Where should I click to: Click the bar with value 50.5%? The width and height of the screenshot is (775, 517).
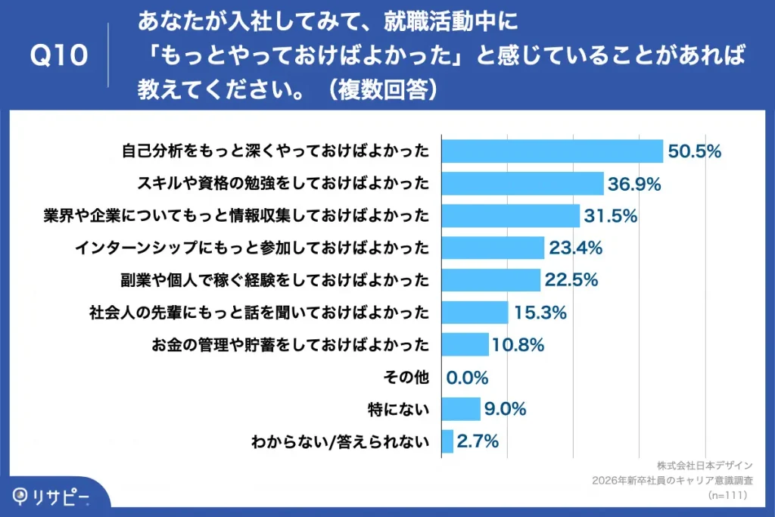tap(552, 151)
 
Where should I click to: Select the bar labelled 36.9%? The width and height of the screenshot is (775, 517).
tap(522, 183)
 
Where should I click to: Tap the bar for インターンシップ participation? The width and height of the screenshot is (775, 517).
tap(493, 248)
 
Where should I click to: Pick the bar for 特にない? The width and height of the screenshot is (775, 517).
tap(460, 410)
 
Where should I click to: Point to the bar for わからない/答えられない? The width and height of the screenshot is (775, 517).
tap(447, 441)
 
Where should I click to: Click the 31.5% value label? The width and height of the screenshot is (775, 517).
tap(610, 216)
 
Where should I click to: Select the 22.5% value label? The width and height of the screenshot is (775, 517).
tap(571, 280)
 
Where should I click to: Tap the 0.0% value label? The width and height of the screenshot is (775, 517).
tap(467, 377)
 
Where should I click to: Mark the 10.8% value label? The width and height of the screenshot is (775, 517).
tap(518, 345)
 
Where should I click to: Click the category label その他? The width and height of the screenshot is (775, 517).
tap(408, 377)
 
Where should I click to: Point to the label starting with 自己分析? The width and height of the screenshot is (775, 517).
tap(275, 151)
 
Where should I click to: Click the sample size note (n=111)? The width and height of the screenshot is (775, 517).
tap(728, 495)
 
